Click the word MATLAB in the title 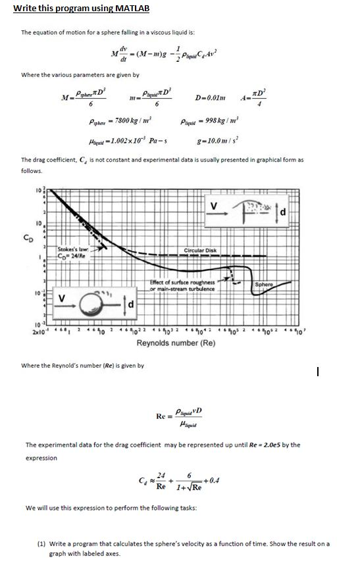130,8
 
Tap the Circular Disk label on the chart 199,250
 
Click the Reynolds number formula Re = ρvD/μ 180,416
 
